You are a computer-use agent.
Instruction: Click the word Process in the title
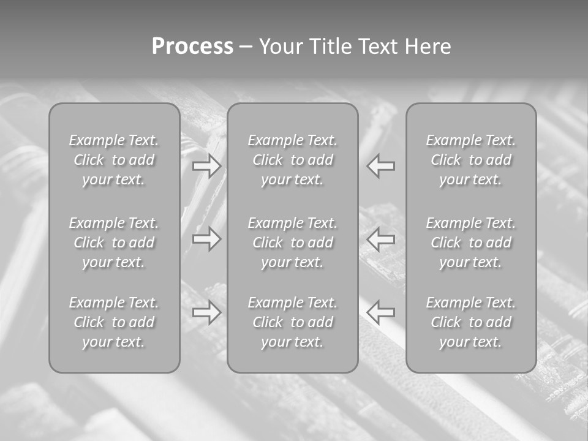[x=192, y=47]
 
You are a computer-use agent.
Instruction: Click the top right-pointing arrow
[x=207, y=166]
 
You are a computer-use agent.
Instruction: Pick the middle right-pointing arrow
[x=207, y=238]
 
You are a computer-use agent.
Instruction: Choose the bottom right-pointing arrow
[x=207, y=312]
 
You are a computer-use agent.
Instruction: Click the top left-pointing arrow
[x=380, y=166]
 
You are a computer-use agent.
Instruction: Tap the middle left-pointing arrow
[x=380, y=238]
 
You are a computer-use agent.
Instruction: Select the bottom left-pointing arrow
[x=380, y=312]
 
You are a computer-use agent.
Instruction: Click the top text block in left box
[x=114, y=160]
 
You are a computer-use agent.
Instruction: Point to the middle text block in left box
[x=114, y=243]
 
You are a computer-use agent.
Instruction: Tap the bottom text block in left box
[x=114, y=322]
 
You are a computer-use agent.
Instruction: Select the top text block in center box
[x=292, y=160]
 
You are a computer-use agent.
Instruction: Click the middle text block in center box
[x=292, y=243]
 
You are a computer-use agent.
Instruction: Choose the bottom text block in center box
[x=292, y=322]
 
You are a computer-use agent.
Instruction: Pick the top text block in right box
[x=470, y=160]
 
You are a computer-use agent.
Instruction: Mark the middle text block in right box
[x=470, y=243]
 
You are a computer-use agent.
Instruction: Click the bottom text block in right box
[x=470, y=322]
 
